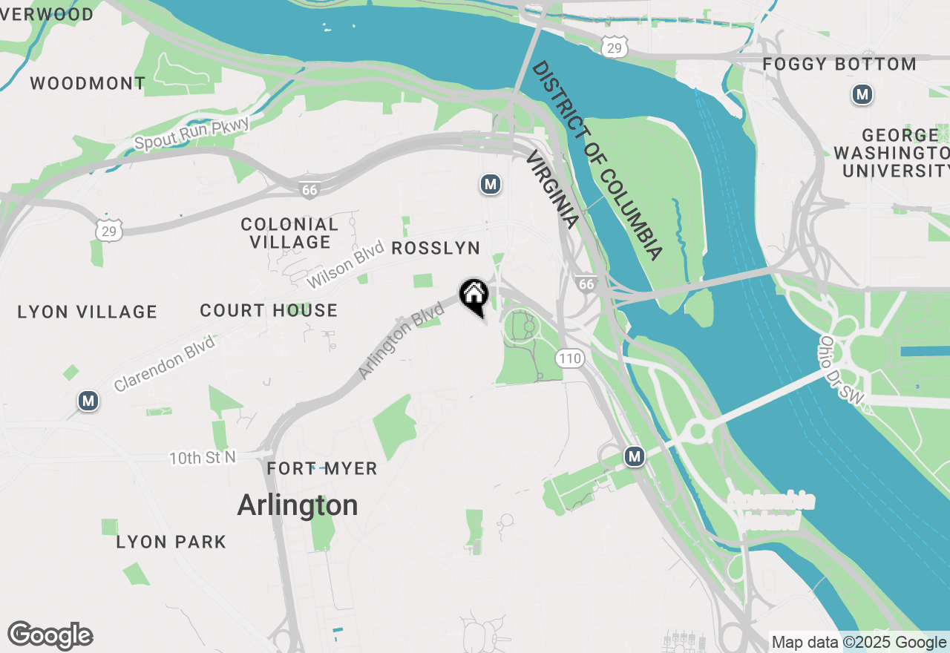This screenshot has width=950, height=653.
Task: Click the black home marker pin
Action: (x=474, y=295)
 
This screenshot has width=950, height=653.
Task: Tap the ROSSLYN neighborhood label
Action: (x=436, y=248)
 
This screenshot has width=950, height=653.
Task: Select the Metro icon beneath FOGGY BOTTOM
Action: (x=862, y=95)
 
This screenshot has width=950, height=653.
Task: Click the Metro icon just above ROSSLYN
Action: (x=489, y=184)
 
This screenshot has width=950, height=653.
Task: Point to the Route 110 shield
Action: (x=569, y=359)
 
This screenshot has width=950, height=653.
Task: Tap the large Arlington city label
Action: (x=298, y=505)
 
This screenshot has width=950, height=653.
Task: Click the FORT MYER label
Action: (x=322, y=469)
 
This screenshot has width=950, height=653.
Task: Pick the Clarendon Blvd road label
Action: (x=164, y=364)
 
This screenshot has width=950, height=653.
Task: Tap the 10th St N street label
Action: (x=203, y=458)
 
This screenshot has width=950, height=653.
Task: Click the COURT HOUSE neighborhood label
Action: (x=269, y=310)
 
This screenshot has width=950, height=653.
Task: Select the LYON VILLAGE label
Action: (x=88, y=312)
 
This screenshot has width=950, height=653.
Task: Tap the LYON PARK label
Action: (x=171, y=542)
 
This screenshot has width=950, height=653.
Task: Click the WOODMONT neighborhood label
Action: (x=88, y=83)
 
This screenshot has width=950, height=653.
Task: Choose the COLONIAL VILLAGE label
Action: (x=289, y=233)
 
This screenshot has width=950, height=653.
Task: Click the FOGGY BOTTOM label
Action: (x=839, y=65)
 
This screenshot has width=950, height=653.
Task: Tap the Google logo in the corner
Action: (x=50, y=636)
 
